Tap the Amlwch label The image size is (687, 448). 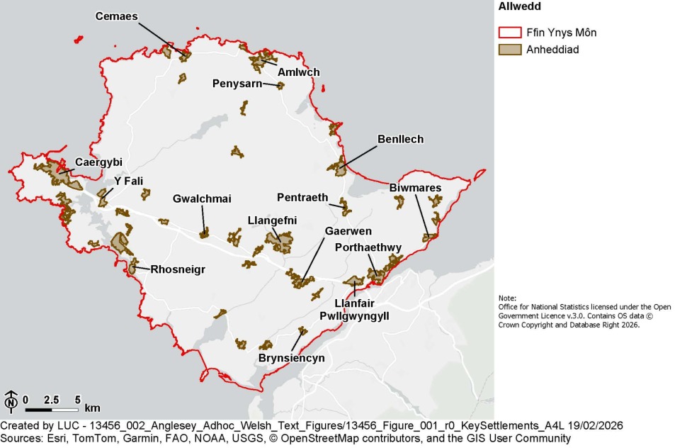(x=299, y=72)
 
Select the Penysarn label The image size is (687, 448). (x=237, y=84)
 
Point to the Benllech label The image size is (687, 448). (x=400, y=139)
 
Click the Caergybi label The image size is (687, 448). (x=98, y=162)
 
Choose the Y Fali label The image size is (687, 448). (x=128, y=181)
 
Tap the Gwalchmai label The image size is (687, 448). (x=202, y=199)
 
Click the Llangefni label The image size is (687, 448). (x=272, y=220)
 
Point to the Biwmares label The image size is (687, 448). (x=415, y=188)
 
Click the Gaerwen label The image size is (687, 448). (x=348, y=231)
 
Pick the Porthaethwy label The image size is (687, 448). (x=368, y=247)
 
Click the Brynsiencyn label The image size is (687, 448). (x=291, y=358)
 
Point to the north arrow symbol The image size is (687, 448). (x=11, y=401)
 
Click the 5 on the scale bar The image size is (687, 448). (x=78, y=400)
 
